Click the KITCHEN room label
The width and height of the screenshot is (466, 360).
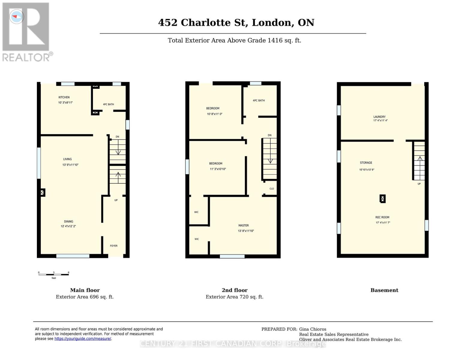pos(64,97)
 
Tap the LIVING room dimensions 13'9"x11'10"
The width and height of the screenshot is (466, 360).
pos(70,165)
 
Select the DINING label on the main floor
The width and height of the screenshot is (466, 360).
pos(68,221)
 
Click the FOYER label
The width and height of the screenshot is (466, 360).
pos(114,246)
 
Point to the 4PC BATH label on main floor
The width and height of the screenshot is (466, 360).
pos(108,104)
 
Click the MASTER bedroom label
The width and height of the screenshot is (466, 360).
pos(243,225)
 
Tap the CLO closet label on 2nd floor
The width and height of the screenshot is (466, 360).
pos(272,189)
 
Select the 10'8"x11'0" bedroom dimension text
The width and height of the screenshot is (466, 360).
pos(215,114)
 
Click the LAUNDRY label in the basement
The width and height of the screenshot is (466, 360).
pos(379,117)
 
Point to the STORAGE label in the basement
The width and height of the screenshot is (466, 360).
pos(366,163)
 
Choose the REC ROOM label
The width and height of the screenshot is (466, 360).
pos(382,217)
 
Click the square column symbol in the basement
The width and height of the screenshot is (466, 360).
pos(383,199)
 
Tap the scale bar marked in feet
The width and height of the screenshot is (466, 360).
pos(54,274)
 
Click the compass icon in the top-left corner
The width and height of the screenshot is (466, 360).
pos(17,16)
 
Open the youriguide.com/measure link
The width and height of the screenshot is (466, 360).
pos(83,339)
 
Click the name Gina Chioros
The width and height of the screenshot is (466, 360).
pos(312,329)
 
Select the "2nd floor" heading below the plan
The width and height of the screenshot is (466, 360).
pos(234,290)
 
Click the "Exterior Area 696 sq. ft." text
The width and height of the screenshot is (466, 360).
pos(85,297)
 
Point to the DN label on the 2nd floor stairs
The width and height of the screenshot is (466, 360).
pos(269,135)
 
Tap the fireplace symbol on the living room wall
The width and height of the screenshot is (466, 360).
pos(43,192)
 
